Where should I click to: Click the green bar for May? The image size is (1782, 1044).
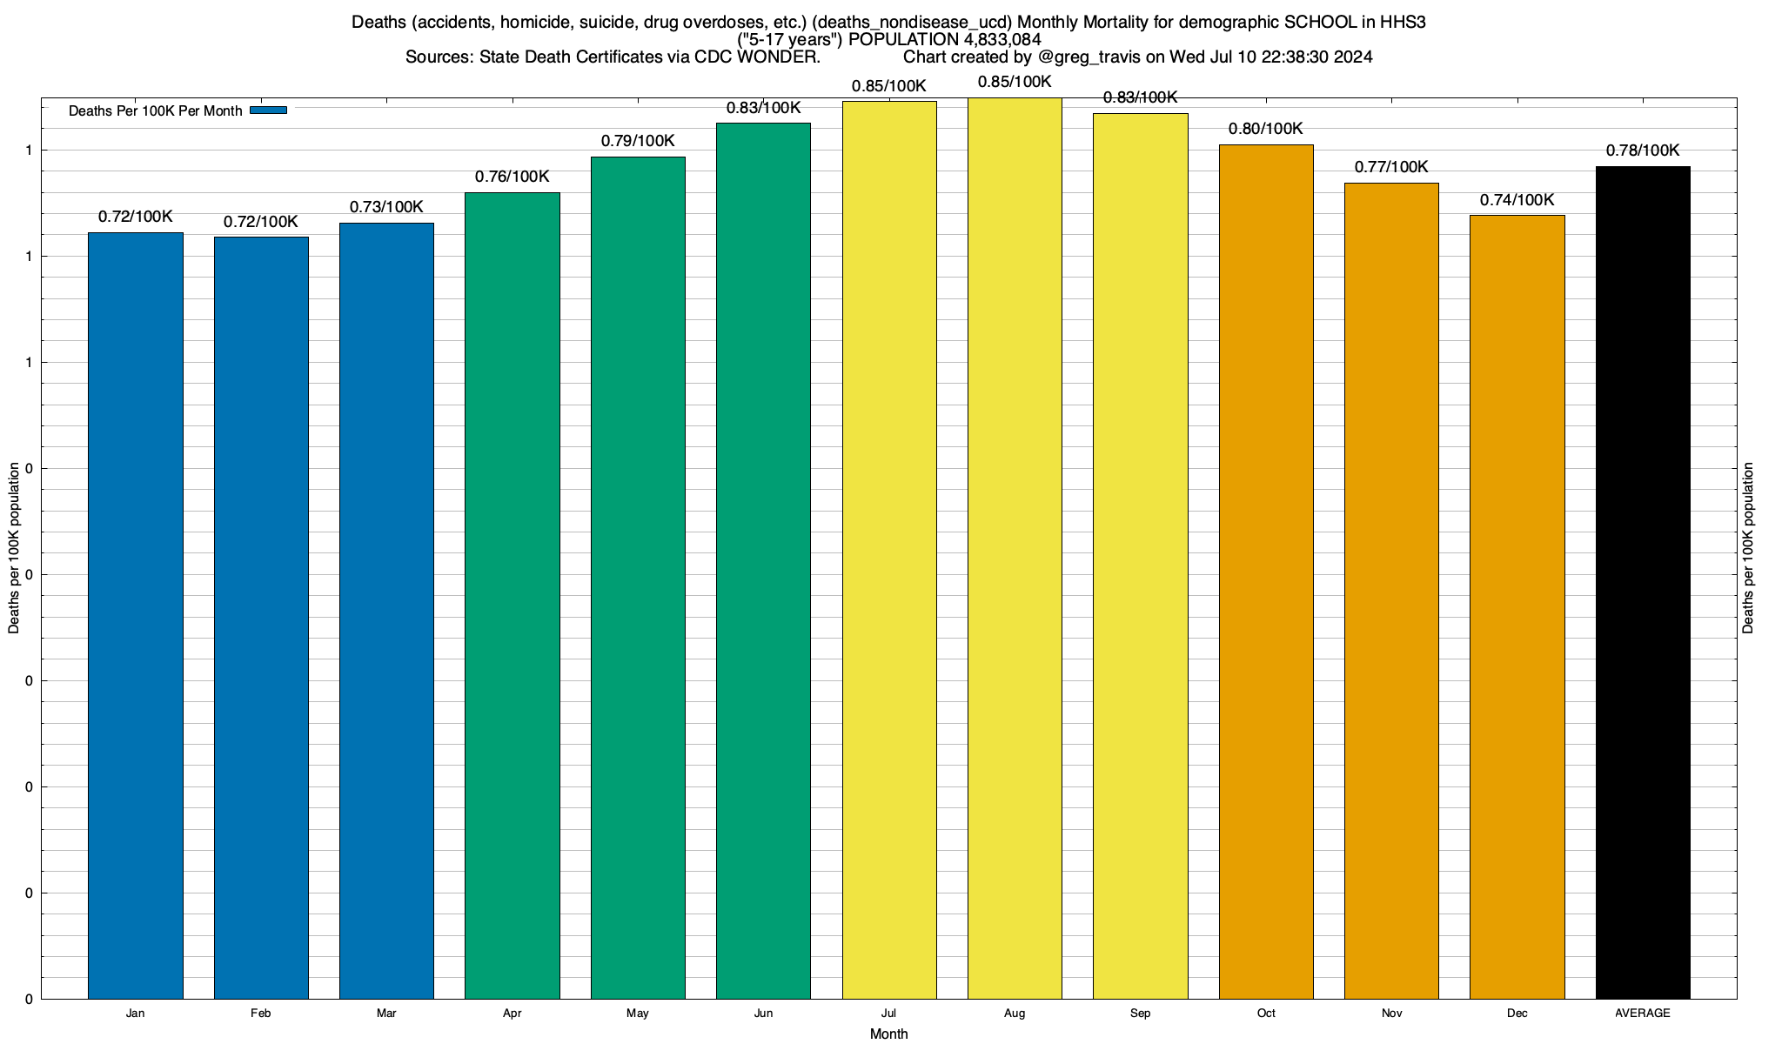point(638,578)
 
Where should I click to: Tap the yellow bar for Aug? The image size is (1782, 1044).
point(1015,548)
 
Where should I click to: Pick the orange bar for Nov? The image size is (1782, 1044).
point(1391,591)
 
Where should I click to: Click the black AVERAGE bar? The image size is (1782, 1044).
point(1643,582)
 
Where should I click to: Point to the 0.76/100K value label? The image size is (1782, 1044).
point(512,177)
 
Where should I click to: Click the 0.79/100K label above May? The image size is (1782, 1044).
point(638,141)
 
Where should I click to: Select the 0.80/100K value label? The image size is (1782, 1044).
point(1266,129)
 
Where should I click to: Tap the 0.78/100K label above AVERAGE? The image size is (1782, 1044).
point(1643,151)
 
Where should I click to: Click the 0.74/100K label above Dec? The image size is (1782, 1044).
point(1517,200)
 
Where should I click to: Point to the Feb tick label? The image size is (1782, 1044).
point(260,1013)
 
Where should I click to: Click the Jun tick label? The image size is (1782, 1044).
point(763,1013)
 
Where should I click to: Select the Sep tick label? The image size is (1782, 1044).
point(1140,1013)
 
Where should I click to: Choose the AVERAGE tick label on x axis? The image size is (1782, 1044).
point(1643,1013)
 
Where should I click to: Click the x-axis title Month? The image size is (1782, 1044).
point(888,1034)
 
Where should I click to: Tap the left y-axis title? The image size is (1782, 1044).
point(14,548)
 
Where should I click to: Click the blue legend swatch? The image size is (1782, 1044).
point(268,110)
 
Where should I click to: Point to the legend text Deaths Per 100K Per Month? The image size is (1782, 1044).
point(155,111)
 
